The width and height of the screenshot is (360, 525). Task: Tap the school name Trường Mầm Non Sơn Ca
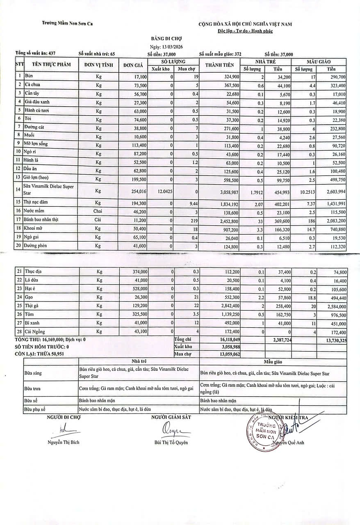[x=67, y=23]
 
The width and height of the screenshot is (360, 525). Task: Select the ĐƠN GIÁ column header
[x=133, y=65]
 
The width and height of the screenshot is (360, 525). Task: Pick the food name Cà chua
[x=32, y=85]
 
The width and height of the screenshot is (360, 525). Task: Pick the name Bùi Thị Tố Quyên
[x=171, y=443]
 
